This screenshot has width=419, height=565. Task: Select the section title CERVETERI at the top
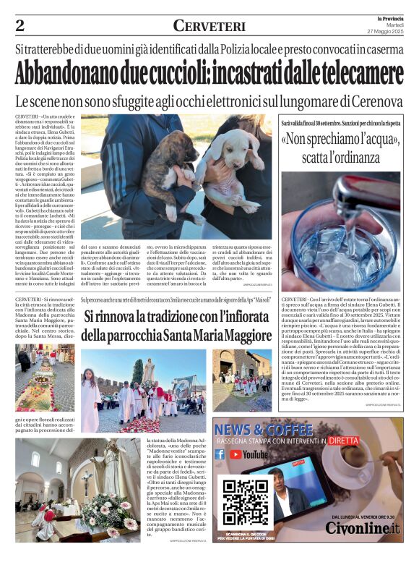click(x=209, y=27)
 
